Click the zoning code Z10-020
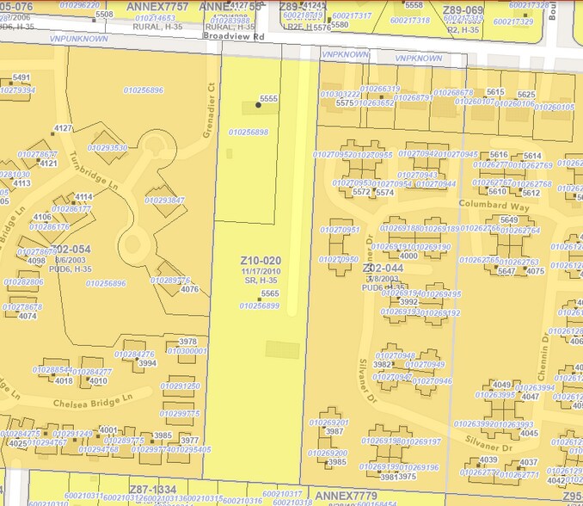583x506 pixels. (261, 260)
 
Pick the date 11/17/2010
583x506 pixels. (261, 271)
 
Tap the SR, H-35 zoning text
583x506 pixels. (261, 281)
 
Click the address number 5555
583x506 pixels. (268, 99)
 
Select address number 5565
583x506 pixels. (270, 293)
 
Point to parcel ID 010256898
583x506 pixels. (249, 133)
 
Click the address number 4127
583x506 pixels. (63, 128)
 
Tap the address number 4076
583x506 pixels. (189, 289)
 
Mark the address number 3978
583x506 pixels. (187, 342)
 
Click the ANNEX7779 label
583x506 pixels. (346, 496)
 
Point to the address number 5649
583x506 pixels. (509, 219)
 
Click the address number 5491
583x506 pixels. (21, 77)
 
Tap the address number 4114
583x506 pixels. (83, 197)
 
